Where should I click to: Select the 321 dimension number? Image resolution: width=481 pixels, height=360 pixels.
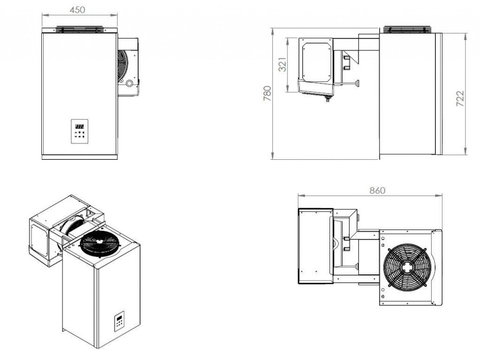tap(282, 64)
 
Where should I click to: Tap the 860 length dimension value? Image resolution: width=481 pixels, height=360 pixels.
tap(377, 190)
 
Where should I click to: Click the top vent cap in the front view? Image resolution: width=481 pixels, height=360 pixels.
tap(79, 29)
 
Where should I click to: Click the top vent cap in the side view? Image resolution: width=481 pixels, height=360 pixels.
tap(407, 29)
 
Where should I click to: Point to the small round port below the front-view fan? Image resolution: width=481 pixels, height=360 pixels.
tap(129, 83)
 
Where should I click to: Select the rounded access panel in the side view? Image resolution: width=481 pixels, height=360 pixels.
tap(317, 62)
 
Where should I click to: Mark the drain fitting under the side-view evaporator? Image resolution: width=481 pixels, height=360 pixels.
tap(327, 99)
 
